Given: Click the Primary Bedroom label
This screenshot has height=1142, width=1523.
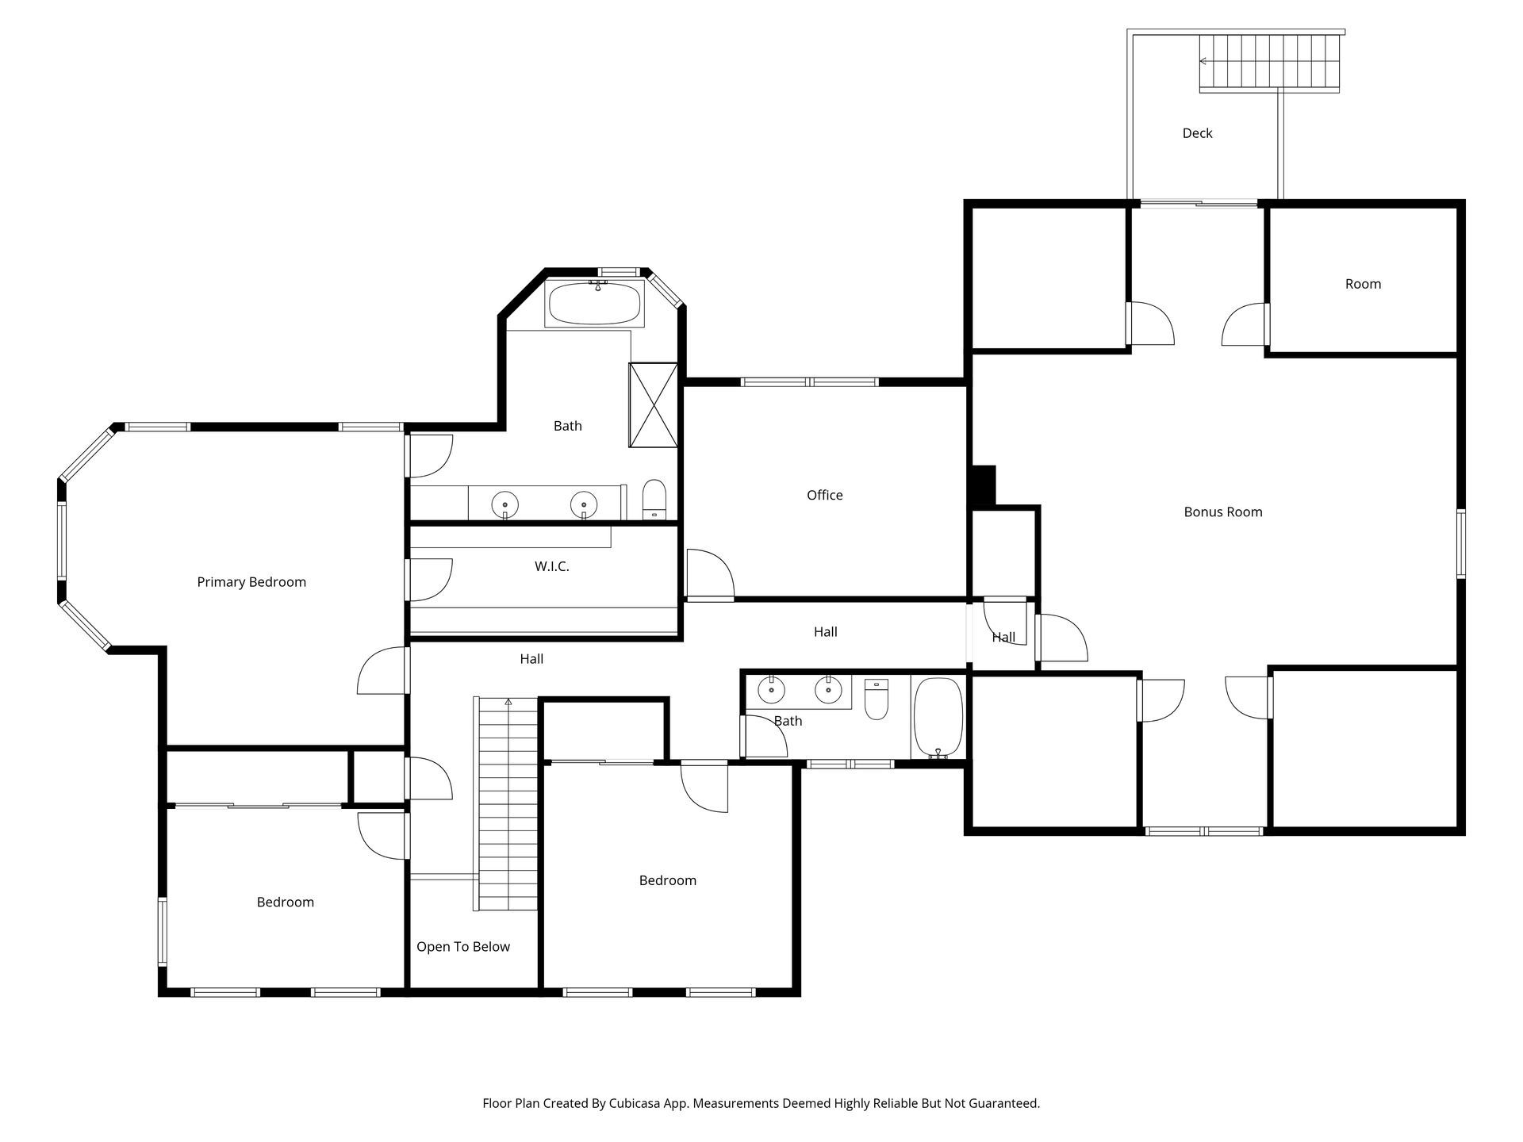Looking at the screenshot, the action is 251,582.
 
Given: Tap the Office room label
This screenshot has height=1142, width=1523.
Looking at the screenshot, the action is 825,495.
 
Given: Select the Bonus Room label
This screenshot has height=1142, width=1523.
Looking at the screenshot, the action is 1223,512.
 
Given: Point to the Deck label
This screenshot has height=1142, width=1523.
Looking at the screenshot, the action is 1198,133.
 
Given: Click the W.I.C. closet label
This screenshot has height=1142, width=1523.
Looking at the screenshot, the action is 552,566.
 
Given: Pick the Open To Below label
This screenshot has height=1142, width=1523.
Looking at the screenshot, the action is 463,947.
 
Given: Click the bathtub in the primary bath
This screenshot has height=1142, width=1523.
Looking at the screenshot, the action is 595,303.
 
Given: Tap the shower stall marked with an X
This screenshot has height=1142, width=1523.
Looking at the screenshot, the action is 653,404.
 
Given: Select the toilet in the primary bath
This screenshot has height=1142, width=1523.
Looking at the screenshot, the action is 654,500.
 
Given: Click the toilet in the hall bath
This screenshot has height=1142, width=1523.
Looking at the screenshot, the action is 877,699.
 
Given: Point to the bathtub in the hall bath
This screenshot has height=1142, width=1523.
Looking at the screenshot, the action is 938,719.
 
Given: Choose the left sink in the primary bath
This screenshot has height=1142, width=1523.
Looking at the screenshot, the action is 505,504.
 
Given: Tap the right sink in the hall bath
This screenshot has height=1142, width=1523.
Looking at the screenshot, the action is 828,690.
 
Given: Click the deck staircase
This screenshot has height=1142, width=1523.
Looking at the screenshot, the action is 1270,62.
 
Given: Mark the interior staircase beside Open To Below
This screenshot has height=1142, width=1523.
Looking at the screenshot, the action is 507,804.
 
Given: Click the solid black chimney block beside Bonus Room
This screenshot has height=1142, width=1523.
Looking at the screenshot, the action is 984,485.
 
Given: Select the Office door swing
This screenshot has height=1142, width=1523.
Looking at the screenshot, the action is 711,573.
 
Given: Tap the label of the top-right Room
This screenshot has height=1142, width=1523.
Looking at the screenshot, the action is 1363,284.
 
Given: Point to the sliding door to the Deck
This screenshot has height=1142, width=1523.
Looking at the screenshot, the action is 1199,204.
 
